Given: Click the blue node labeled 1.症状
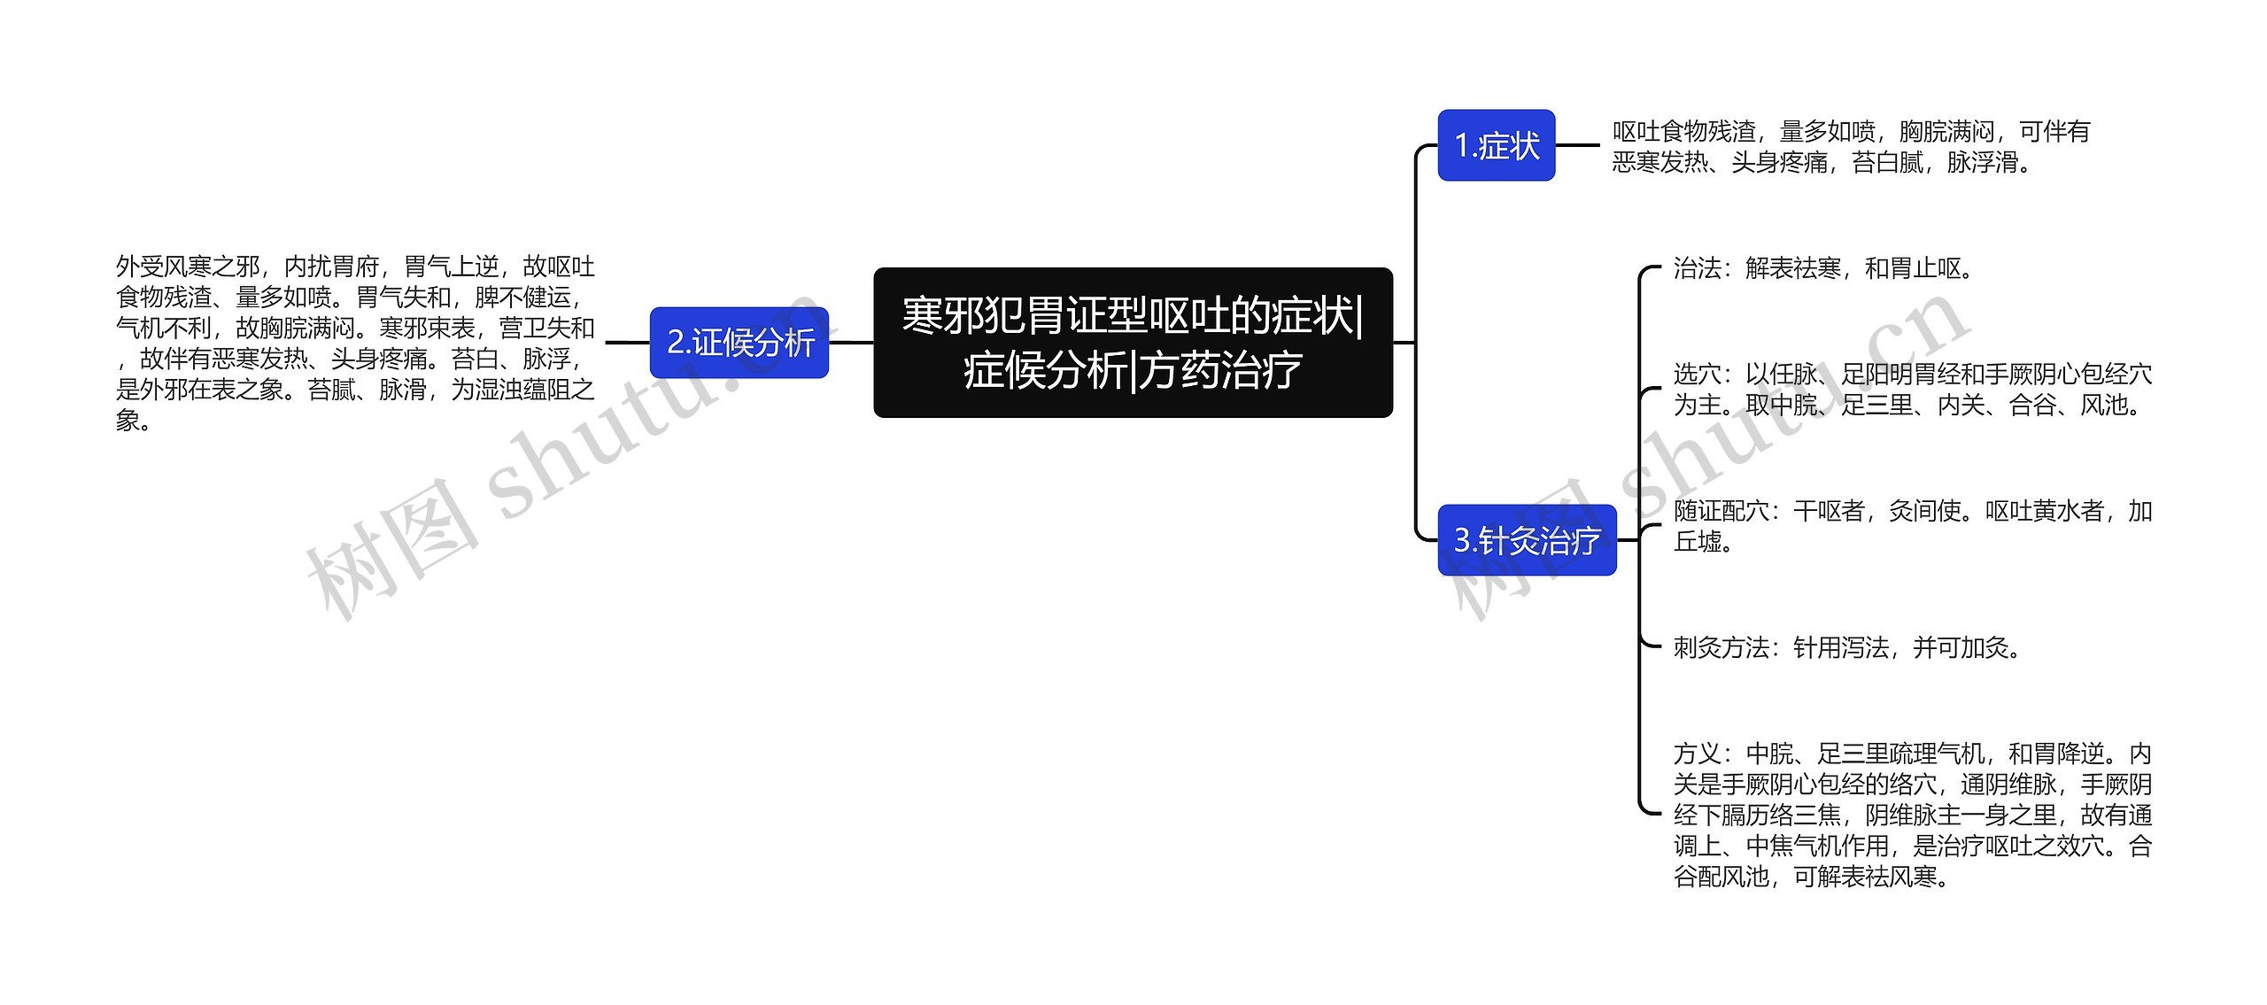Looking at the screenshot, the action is click(1496, 145).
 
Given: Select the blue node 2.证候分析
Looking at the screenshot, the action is click(739, 343).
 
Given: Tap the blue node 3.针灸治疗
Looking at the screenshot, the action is click(1527, 540).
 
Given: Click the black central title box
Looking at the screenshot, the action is click(1133, 343).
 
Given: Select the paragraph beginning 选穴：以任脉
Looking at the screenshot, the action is click(1912, 390).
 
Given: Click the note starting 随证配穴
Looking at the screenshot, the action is click(1912, 526).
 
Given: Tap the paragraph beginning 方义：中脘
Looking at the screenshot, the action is click(1912, 816).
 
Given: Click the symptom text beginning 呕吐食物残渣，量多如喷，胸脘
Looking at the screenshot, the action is click(1850, 147).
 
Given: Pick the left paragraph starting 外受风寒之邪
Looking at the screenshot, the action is click(355, 344).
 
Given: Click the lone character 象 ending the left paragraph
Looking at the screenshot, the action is click(128, 421).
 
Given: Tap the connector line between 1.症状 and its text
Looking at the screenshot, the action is click(1577, 145).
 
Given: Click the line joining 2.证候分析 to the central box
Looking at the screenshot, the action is click(851, 343).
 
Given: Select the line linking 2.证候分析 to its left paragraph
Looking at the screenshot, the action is click(627, 343).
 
